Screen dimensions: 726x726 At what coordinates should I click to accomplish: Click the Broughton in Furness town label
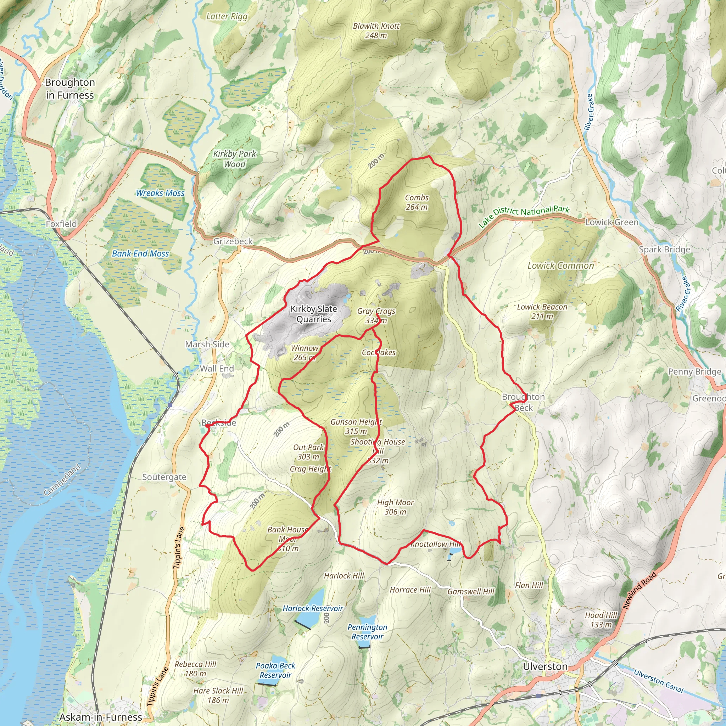point(70,89)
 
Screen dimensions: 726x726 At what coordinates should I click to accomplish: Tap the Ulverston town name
point(545,667)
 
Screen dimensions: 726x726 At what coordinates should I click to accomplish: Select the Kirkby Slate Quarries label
point(314,314)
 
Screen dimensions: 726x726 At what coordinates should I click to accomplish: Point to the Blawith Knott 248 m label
point(376,31)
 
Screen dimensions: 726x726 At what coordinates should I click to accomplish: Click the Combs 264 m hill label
point(417,202)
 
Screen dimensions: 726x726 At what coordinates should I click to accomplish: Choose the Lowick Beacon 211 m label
point(542,312)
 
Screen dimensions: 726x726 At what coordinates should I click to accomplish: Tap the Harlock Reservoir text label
point(313,608)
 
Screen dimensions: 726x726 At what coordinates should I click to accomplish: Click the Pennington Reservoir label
point(367,632)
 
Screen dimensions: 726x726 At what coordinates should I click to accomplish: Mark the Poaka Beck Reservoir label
point(275,670)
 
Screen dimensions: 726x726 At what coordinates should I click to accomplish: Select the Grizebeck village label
point(233,241)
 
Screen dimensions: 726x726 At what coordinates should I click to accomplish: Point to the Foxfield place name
point(61,224)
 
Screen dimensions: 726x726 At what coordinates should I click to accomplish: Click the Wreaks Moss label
point(160,193)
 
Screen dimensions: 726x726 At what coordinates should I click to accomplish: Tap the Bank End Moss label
point(140,254)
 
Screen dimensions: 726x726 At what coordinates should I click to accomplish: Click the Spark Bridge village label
point(664,250)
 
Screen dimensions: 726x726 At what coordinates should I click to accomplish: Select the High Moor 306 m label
point(395,507)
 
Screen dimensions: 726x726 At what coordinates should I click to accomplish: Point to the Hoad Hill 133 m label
point(601,620)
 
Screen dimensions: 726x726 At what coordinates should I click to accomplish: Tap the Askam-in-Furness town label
point(101,717)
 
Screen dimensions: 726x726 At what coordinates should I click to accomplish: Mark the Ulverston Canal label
point(658,681)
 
